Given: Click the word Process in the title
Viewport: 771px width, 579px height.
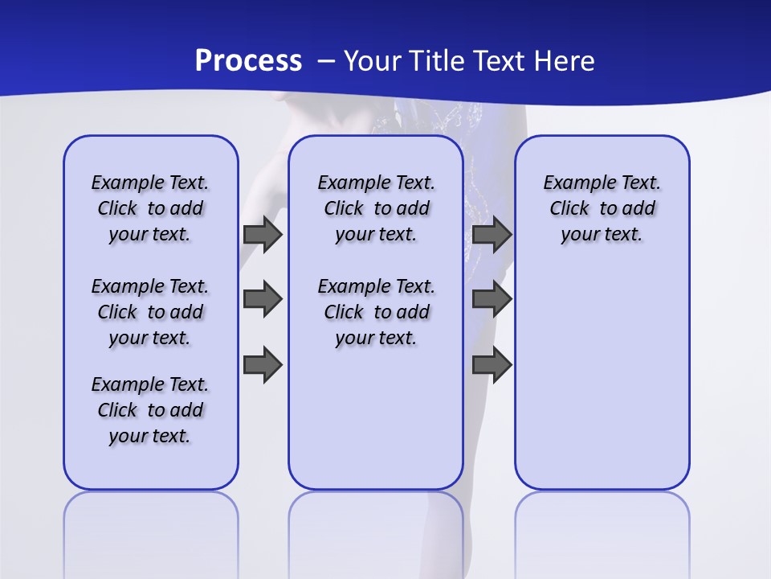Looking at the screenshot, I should [x=248, y=61].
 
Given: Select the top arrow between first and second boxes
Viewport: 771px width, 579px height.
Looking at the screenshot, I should [x=262, y=235].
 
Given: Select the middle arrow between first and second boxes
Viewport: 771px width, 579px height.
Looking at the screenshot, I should [x=262, y=299].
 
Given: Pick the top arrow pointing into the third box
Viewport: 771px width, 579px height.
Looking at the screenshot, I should [x=492, y=235].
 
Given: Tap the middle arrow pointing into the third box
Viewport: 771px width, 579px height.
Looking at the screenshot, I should [x=492, y=299].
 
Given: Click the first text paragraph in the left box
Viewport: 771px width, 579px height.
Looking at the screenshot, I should [x=150, y=208].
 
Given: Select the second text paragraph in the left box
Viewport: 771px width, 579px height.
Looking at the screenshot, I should [x=150, y=312].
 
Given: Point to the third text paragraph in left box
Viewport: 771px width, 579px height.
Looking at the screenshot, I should [x=150, y=410].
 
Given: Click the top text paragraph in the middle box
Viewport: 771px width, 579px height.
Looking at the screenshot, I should [x=376, y=208].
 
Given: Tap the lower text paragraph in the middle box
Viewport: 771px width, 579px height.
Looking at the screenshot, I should [x=376, y=312].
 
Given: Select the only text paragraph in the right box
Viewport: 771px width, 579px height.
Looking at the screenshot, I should [x=602, y=208].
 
